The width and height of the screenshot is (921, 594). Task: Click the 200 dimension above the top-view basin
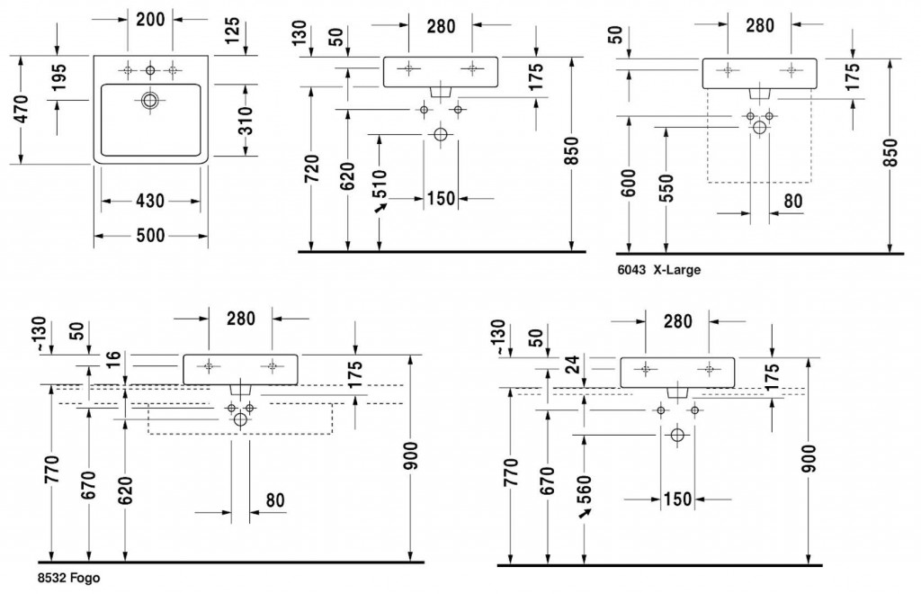click(x=149, y=19)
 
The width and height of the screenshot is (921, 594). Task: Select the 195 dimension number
click(x=58, y=81)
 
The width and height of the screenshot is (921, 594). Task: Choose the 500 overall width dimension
click(x=151, y=235)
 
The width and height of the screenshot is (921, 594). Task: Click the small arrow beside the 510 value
click(x=381, y=207)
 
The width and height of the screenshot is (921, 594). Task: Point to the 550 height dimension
click(x=666, y=186)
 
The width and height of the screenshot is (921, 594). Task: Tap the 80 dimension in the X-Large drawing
click(x=791, y=201)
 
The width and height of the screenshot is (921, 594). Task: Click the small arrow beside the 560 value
click(x=586, y=512)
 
